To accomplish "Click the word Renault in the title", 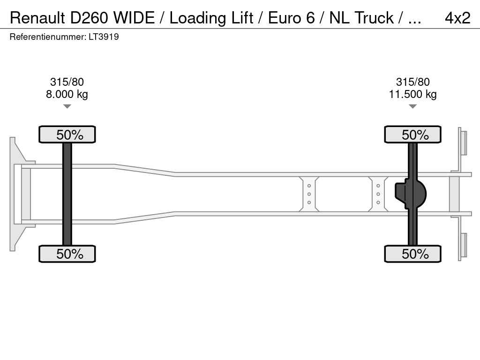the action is [x=37, y=18].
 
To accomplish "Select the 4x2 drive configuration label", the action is [x=457, y=18].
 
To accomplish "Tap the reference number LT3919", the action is [x=104, y=37].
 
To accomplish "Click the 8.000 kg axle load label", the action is [x=67, y=94].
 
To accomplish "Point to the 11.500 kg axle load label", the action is [x=412, y=94].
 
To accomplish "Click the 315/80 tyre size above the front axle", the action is [x=67, y=82].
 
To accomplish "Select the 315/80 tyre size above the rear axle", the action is [x=412, y=82].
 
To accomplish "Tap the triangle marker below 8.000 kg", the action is [x=67, y=106].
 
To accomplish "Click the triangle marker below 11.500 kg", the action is [x=412, y=106].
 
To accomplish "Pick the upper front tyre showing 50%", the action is [x=67, y=135].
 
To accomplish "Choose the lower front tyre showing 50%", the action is [x=67, y=254].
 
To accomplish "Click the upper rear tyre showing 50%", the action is [x=412, y=135].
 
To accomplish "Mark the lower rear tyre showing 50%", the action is [x=412, y=254].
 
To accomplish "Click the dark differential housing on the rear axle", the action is [x=410, y=194].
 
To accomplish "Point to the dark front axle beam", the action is [x=67, y=194].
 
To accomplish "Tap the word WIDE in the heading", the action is [x=134, y=18].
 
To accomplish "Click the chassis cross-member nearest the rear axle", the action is [x=378, y=194].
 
